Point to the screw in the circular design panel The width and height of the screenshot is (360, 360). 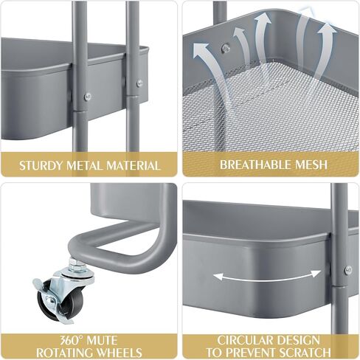pos(347,270)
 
